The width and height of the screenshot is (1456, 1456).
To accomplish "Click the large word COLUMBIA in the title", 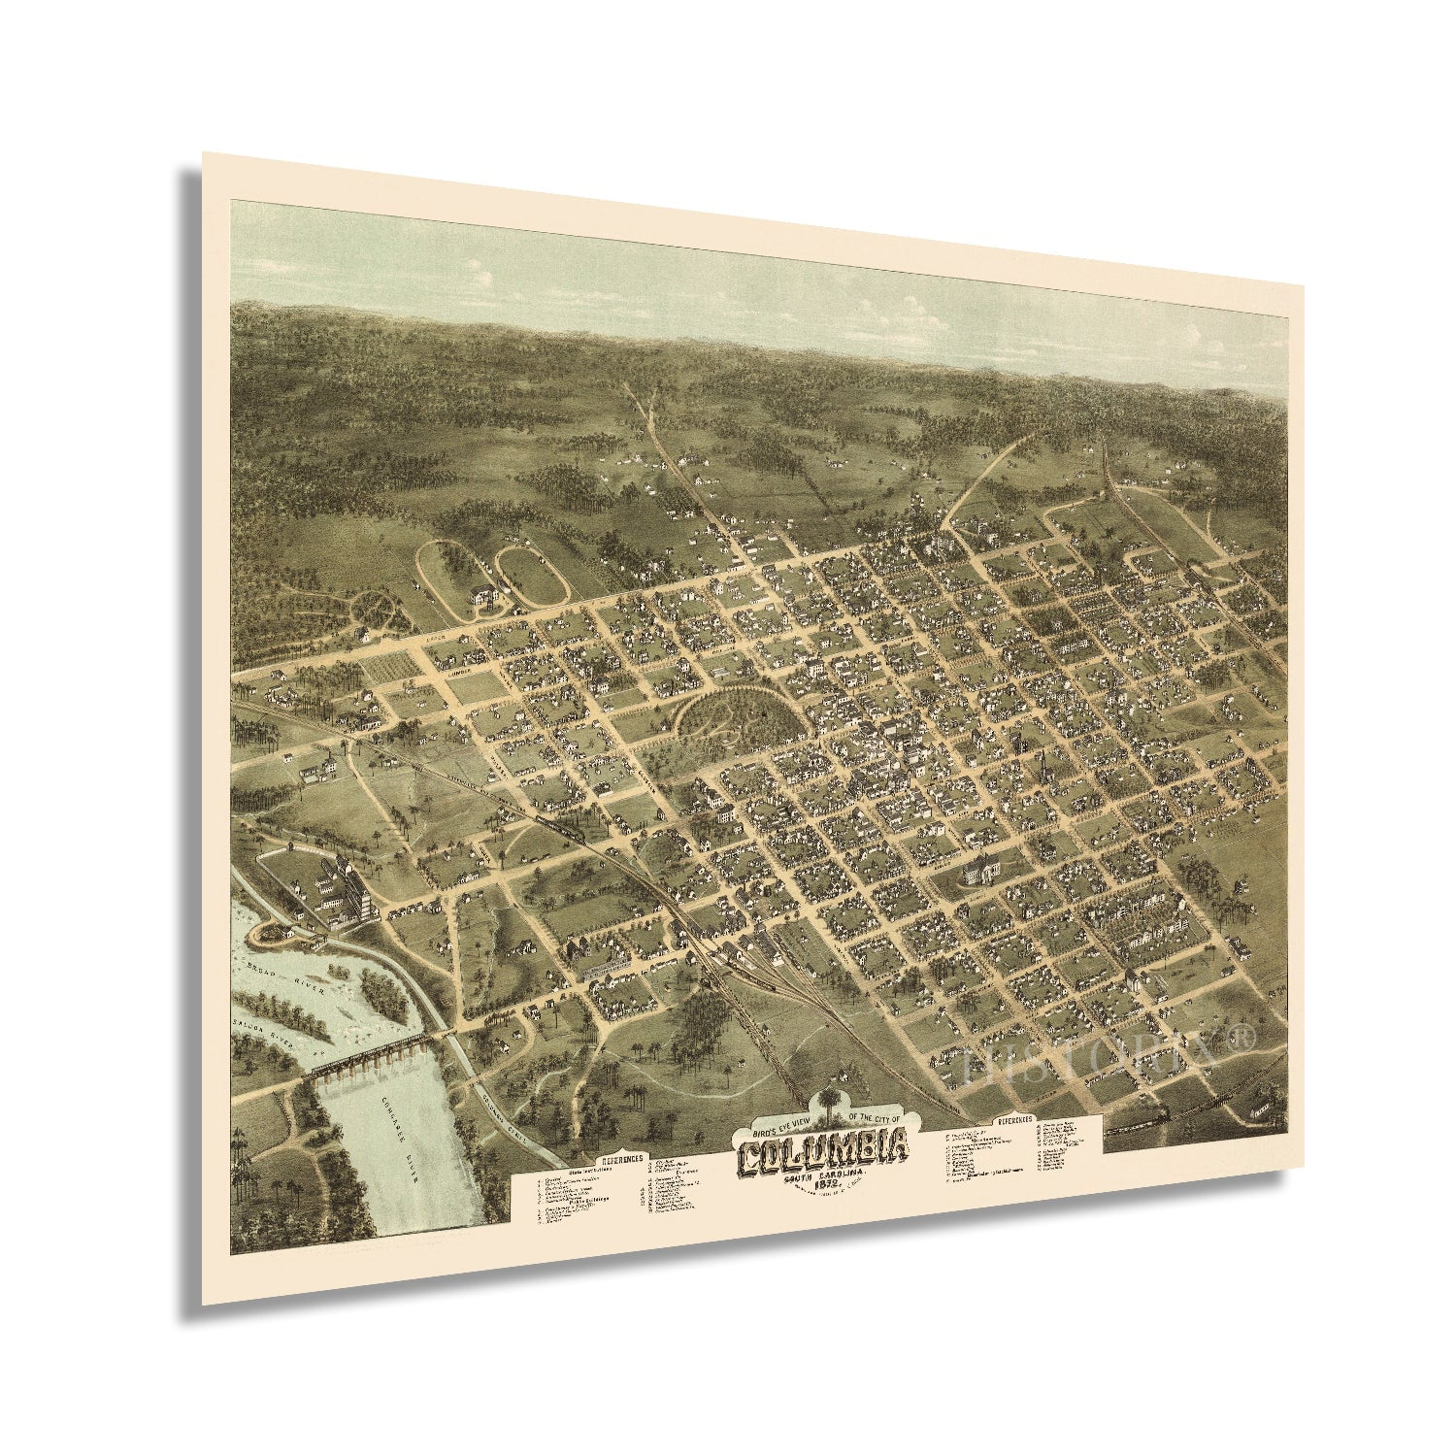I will coord(826,1153).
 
